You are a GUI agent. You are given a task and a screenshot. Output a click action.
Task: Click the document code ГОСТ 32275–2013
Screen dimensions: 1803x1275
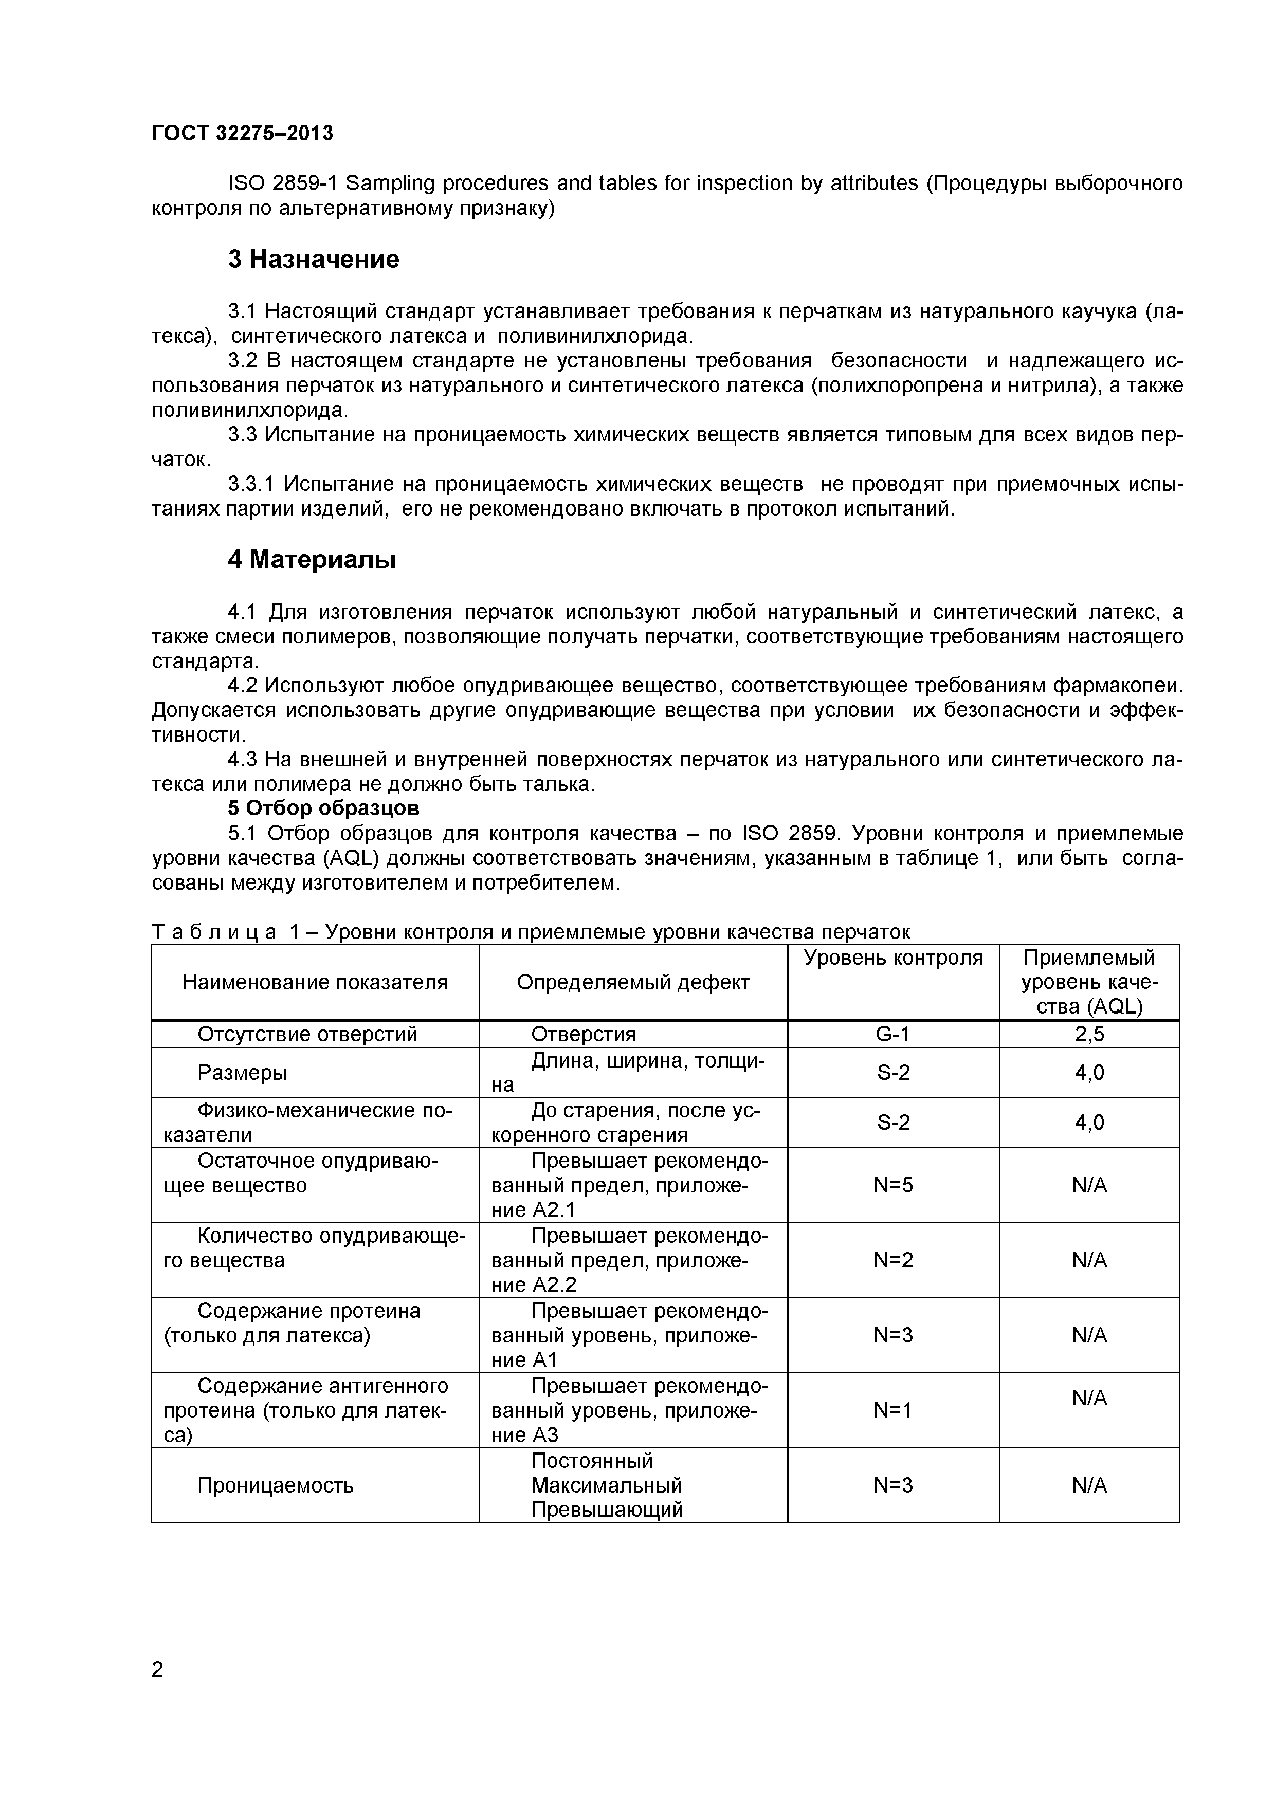pos(242,134)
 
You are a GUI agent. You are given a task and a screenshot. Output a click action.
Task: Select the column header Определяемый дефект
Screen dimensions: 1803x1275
pos(633,982)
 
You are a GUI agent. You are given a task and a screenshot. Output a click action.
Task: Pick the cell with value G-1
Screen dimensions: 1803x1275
pos(893,1034)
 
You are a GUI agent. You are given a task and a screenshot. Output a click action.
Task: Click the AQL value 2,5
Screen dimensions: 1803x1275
pos(1089,1034)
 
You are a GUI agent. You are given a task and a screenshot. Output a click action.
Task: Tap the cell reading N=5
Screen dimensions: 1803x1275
pos(893,1185)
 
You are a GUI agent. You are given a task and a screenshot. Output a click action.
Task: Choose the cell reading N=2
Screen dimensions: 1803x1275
pos(893,1260)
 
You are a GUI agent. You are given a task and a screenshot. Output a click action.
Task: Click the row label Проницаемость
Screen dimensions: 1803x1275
pos(275,1486)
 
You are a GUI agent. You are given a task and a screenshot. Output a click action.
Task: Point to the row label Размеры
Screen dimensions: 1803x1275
pos(242,1073)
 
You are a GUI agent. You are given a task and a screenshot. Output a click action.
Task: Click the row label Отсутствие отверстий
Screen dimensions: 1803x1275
pos(307,1034)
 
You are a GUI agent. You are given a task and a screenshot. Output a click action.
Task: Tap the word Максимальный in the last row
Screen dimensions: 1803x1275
pos(607,1486)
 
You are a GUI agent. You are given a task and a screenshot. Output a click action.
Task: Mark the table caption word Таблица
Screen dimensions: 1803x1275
pos(214,932)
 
